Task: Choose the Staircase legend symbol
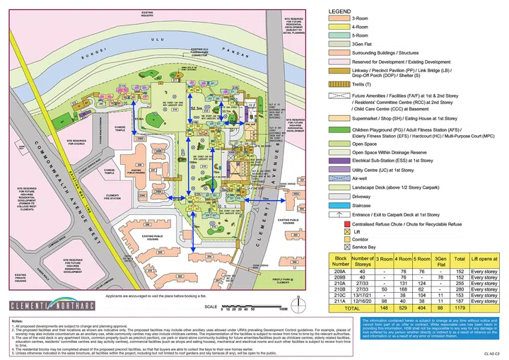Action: coord(339,205)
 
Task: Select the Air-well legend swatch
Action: coord(339,179)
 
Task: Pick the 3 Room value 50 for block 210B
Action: coord(385,289)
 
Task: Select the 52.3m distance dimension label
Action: coord(197,108)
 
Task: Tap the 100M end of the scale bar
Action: coord(282,309)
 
